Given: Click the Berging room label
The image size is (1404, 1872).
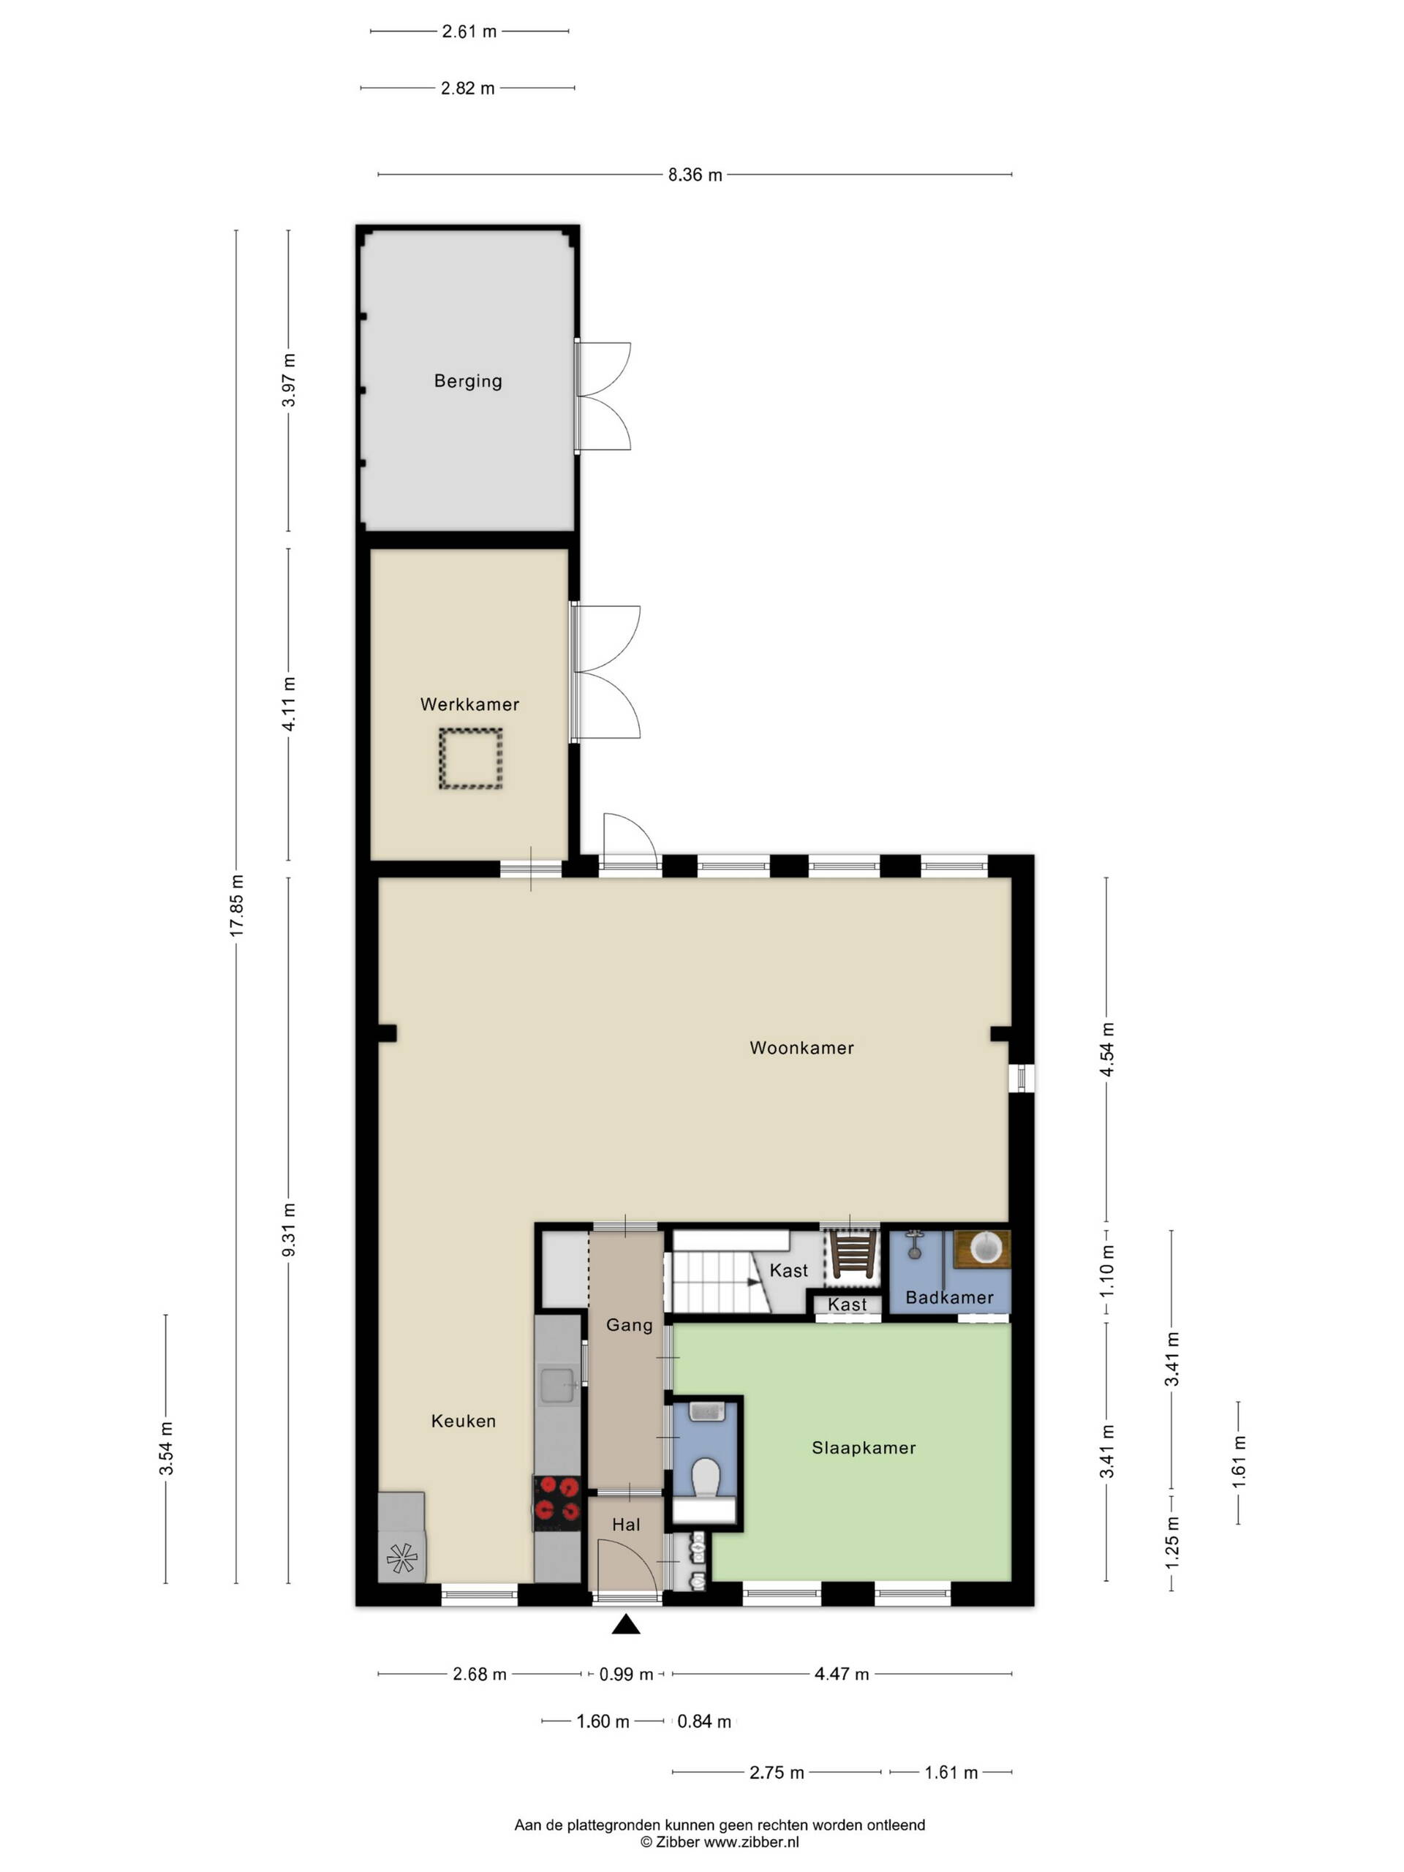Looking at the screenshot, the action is (468, 381).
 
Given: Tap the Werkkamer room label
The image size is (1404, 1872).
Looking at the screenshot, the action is (469, 704).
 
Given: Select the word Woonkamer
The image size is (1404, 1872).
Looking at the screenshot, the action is (801, 1048).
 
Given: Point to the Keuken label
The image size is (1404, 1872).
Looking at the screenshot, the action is (464, 1421).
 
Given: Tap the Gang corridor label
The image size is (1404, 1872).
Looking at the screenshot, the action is (630, 1325).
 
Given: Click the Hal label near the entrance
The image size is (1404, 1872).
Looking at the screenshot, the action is (626, 1524).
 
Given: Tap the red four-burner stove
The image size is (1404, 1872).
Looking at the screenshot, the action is (557, 1502).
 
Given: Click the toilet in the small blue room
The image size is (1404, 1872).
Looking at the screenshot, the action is (705, 1477).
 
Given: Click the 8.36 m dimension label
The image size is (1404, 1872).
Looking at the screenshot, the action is (695, 175).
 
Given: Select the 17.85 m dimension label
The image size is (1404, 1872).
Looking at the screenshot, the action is (237, 905).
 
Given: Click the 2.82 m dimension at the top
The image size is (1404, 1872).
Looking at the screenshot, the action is (468, 88).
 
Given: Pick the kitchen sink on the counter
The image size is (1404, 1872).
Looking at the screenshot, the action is (558, 1386).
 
